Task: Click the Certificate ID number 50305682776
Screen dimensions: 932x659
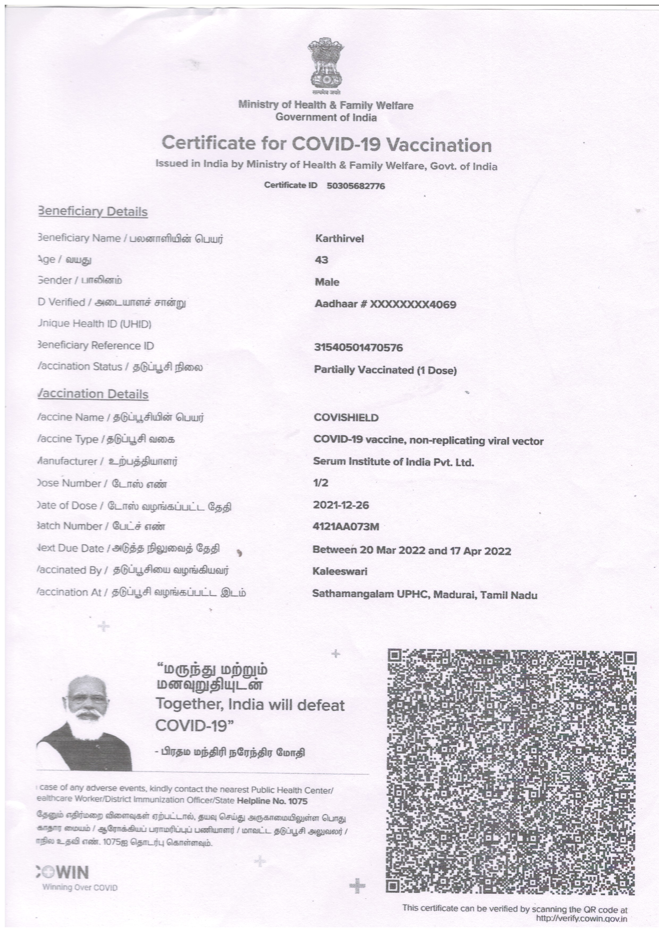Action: coord(356,186)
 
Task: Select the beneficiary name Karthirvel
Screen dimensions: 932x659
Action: coord(339,239)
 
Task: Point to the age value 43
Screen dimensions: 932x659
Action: coord(322,260)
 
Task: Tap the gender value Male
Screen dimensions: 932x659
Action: coord(327,282)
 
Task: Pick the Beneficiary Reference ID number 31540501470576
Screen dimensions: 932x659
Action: coord(358,348)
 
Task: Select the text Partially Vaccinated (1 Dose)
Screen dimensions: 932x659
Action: coord(385,370)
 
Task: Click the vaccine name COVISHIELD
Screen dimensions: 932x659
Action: coord(346,418)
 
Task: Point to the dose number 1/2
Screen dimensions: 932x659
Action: coord(320,483)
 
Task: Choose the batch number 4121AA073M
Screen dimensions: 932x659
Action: coord(346,527)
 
